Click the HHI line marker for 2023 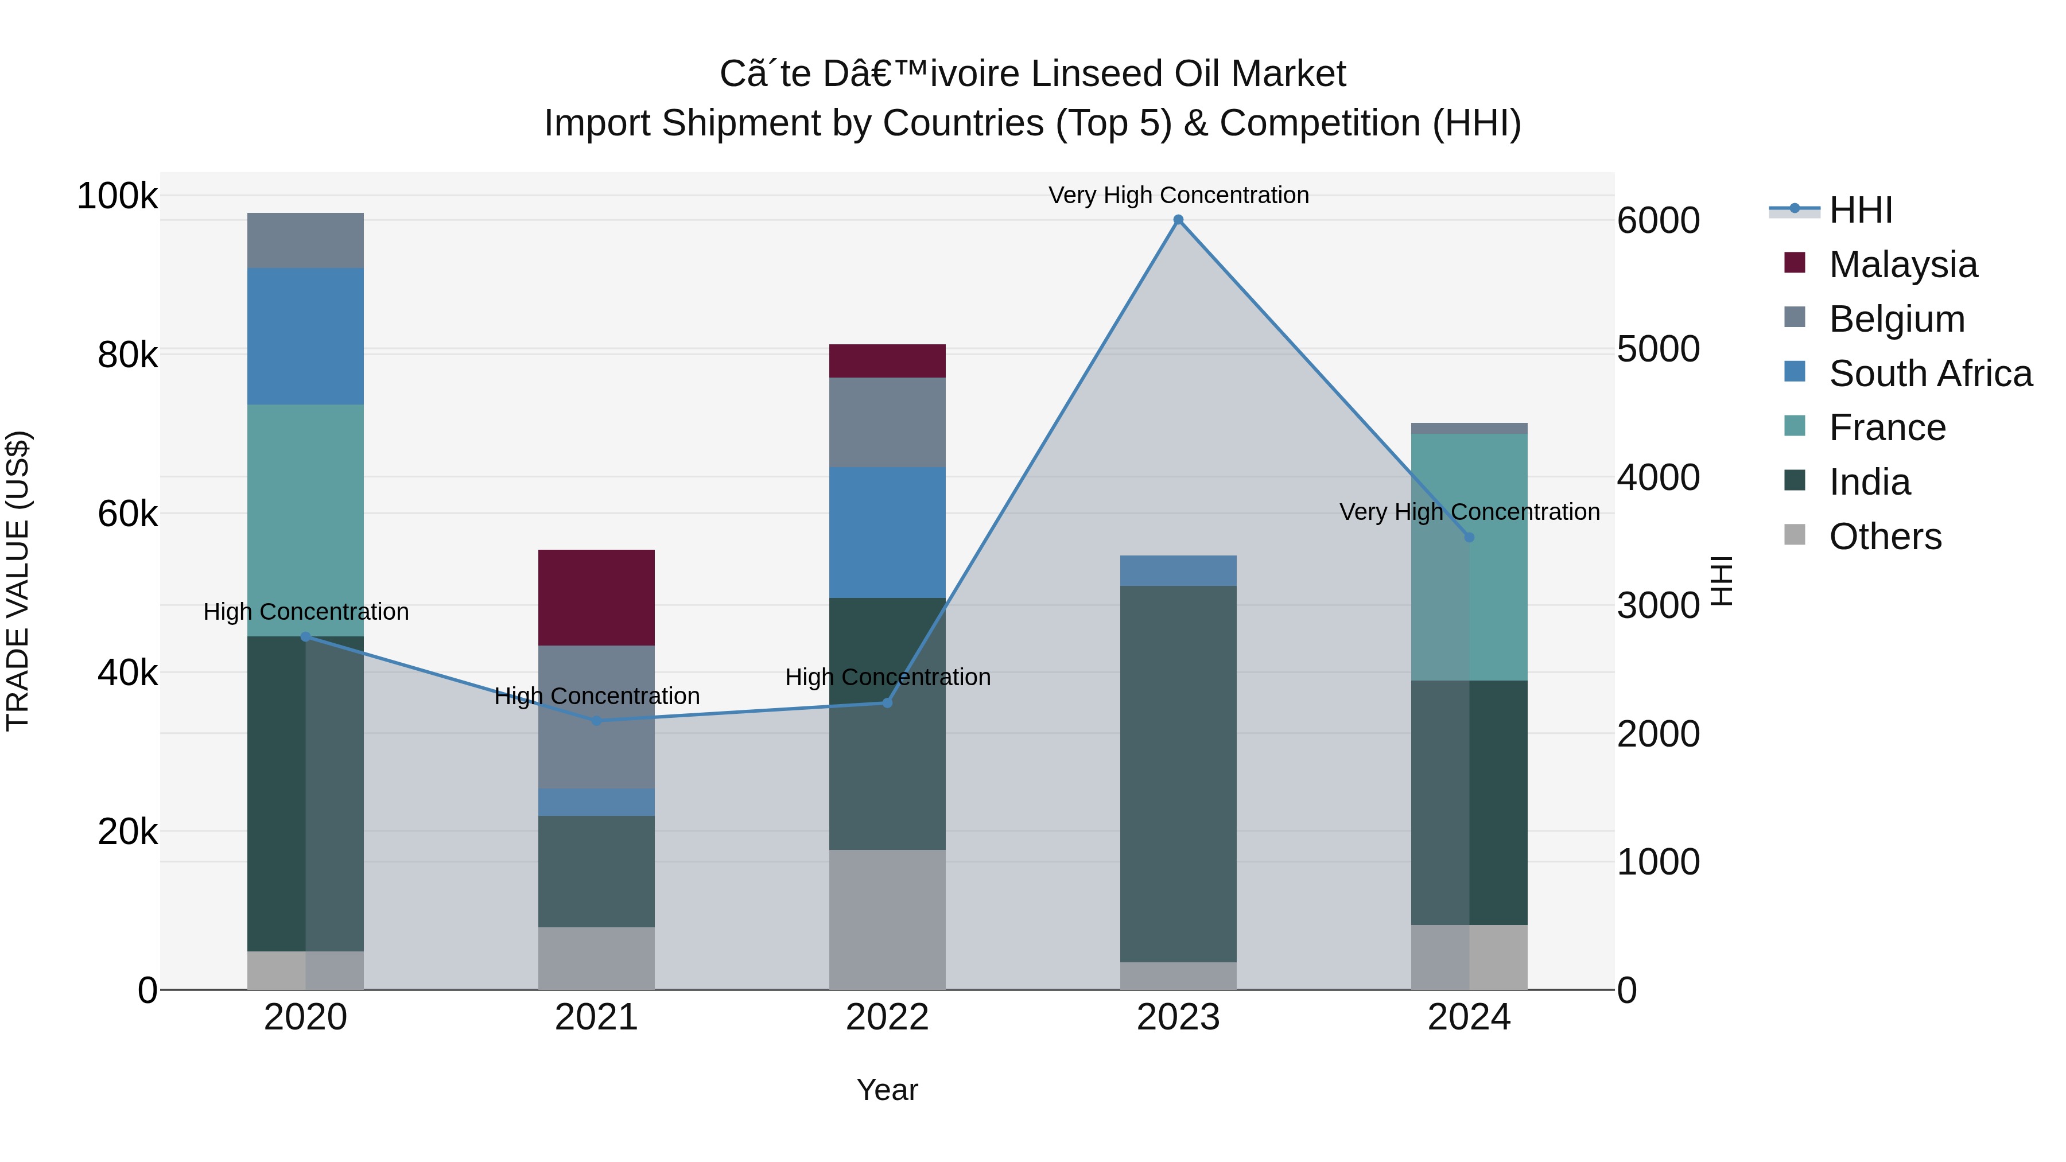1178,220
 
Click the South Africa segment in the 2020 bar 305,336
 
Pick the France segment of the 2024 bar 1469,557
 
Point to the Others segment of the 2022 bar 887,920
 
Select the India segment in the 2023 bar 1178,774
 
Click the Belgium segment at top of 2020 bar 305,240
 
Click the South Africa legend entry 1929,374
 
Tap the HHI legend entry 1860,210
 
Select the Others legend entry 1885,537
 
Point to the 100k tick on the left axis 117,196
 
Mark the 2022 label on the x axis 887,1017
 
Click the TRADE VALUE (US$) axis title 18,581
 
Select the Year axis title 887,1090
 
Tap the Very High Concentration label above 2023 1178,195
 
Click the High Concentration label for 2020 305,612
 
